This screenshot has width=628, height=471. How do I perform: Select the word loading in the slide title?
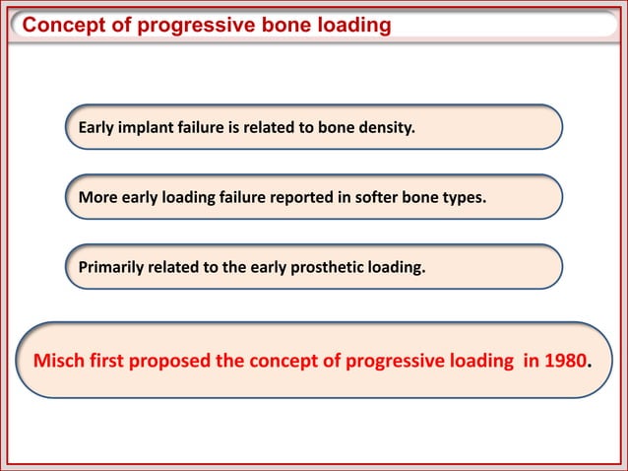pyautogui.click(x=348, y=25)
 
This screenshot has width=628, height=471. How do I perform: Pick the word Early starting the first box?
pyautogui.click(x=97, y=127)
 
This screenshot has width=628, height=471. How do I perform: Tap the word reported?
pyautogui.click(x=291, y=196)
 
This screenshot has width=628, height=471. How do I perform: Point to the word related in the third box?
pyautogui.click(x=178, y=265)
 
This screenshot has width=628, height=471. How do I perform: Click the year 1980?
pyautogui.click(x=565, y=360)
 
